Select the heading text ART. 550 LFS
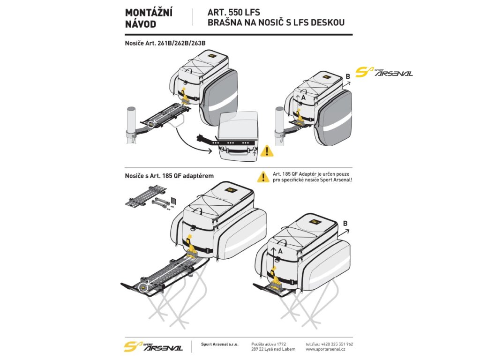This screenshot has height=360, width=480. [234, 13]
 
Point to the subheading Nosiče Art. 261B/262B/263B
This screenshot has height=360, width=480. [165, 43]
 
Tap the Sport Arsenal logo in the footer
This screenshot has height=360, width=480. [153, 346]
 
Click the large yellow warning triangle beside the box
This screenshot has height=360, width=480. [267, 151]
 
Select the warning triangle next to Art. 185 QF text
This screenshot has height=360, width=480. [263, 177]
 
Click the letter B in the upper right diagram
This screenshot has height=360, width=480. [347, 76]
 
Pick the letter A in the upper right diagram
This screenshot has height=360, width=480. [303, 98]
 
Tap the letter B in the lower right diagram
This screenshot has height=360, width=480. [345, 224]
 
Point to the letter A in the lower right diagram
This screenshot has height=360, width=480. [280, 251]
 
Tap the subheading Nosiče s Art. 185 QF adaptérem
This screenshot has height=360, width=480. [169, 176]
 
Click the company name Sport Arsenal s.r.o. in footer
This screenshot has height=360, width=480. [219, 344]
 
